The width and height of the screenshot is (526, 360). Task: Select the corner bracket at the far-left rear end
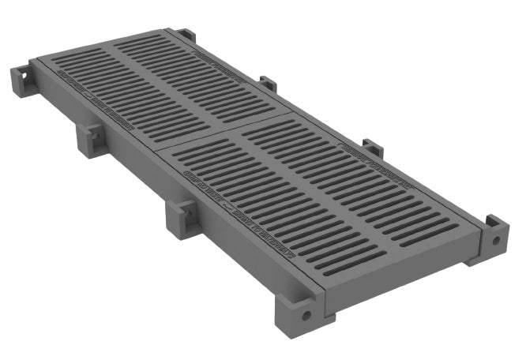(21, 81)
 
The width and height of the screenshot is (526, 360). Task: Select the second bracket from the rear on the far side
(269, 84)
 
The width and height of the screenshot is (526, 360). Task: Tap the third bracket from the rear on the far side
(372, 148)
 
